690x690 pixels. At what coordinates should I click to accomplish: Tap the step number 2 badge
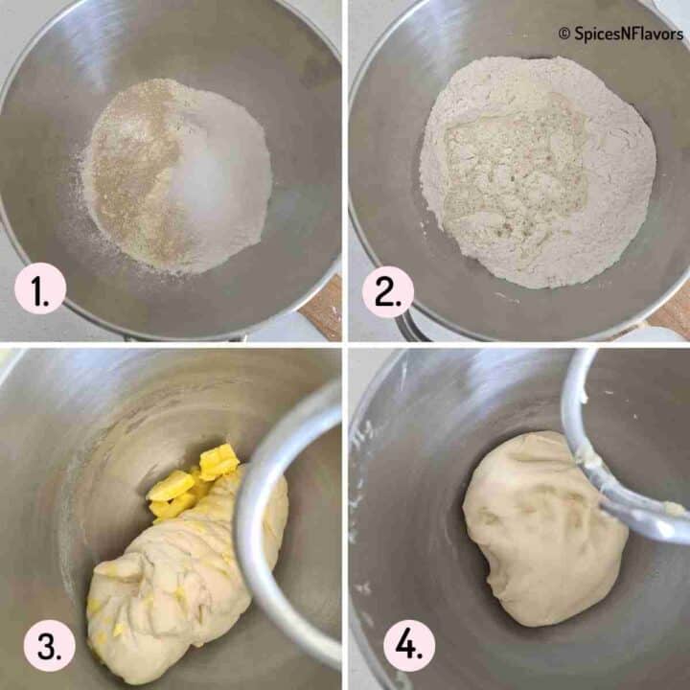point(388,290)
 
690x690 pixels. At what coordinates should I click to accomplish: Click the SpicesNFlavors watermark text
point(628,34)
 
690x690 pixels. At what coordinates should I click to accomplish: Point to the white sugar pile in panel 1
point(216,177)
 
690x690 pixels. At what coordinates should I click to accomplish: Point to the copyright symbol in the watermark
point(563,34)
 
